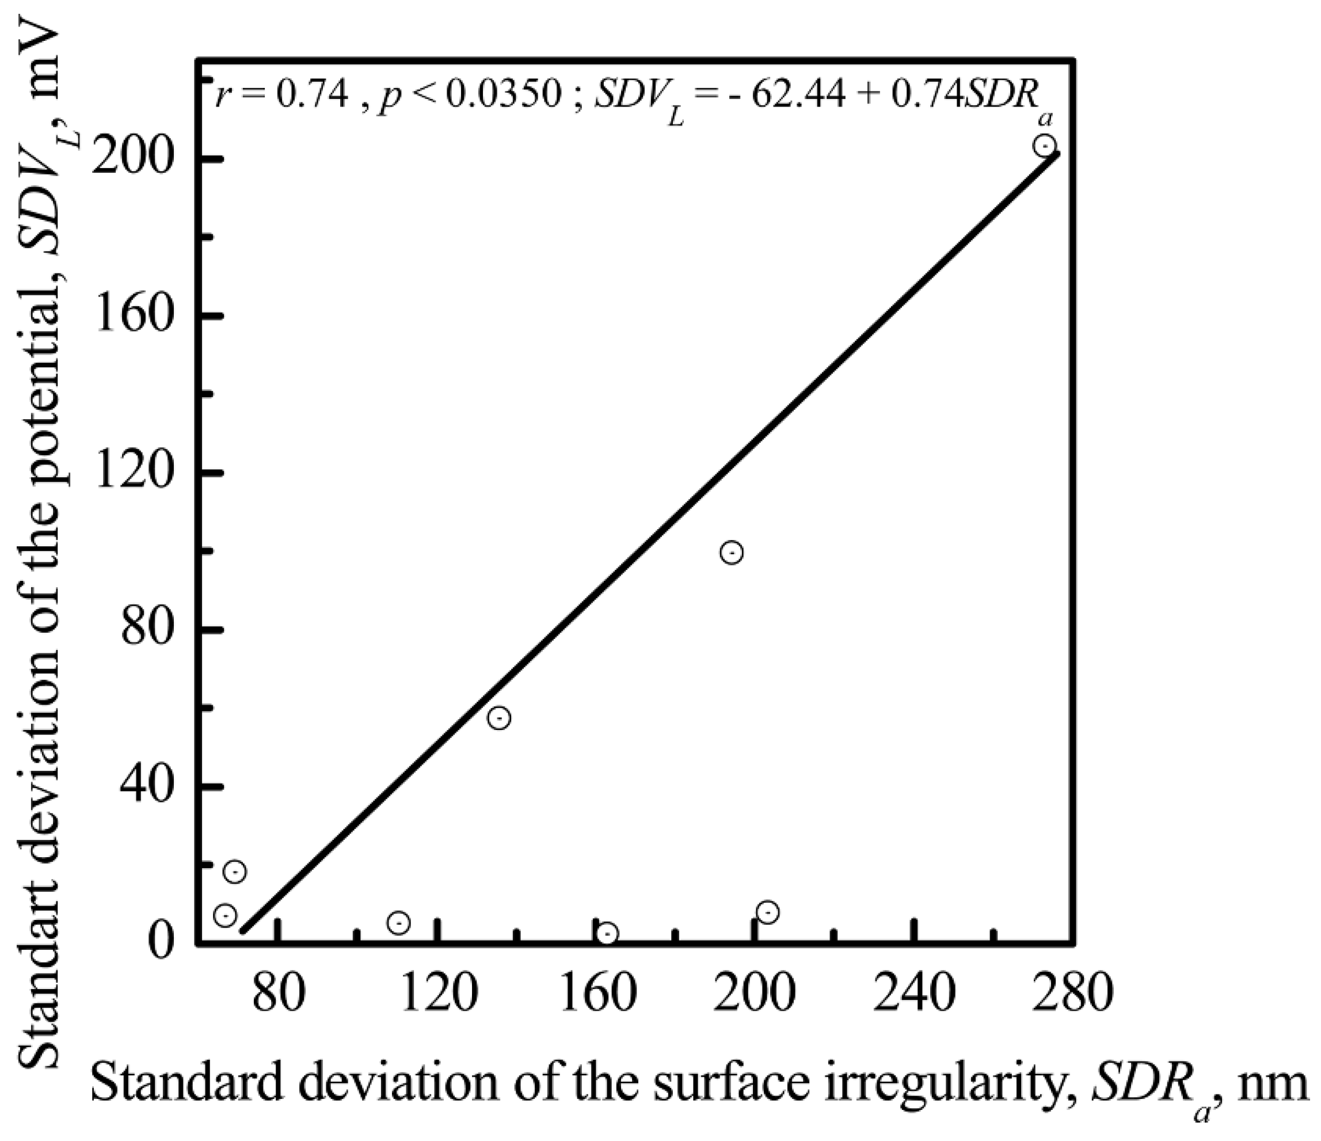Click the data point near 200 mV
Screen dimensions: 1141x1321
pyautogui.click(x=1044, y=146)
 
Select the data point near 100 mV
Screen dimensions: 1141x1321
pyautogui.click(x=731, y=552)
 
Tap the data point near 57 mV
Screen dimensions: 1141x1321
pyautogui.click(x=499, y=718)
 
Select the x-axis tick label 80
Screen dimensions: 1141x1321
pyautogui.click(x=279, y=994)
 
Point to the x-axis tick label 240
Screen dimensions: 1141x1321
pyautogui.click(x=913, y=994)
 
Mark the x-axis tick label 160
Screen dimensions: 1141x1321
pyautogui.click(x=598, y=994)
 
